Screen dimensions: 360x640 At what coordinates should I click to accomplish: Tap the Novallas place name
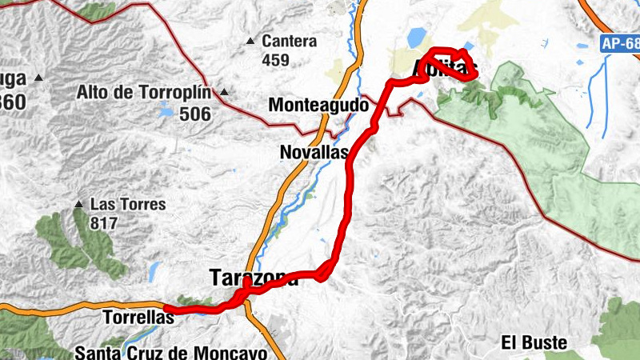314,152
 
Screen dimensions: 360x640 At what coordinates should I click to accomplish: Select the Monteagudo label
318,105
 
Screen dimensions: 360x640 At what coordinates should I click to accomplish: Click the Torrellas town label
138,318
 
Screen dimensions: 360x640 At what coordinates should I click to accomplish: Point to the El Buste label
534,343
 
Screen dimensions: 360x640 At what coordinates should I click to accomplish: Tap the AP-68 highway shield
619,46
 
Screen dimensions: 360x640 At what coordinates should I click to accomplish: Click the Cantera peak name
289,41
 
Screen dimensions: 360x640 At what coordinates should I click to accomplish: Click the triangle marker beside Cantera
250,41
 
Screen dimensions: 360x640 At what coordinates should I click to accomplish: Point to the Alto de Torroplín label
144,92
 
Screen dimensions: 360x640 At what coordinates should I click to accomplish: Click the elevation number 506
195,114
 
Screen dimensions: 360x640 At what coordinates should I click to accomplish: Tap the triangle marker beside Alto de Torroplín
224,92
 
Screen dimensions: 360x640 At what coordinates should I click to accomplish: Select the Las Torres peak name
128,204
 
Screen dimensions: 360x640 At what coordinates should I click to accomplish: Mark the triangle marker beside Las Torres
78,205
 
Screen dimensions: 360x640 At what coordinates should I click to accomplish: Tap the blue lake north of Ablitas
417,38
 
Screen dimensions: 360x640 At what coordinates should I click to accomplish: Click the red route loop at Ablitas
452,63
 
